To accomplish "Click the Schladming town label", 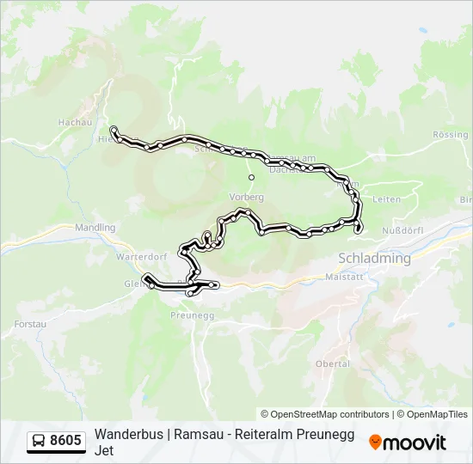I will tap(375, 258).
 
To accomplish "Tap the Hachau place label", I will tap(75, 123).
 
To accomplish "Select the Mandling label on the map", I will tap(95, 228).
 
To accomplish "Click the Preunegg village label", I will tap(180, 314).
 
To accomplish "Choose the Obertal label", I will tap(333, 363).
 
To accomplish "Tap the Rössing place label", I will tap(451, 135).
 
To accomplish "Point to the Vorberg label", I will tap(247, 196).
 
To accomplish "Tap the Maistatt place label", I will tap(347, 277).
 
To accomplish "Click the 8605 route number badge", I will tap(65, 442).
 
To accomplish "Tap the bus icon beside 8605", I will tap(40, 442).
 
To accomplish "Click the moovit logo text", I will tap(415, 443).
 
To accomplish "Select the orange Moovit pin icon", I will tap(375, 443).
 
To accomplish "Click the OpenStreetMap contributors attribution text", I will tap(325, 414).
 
